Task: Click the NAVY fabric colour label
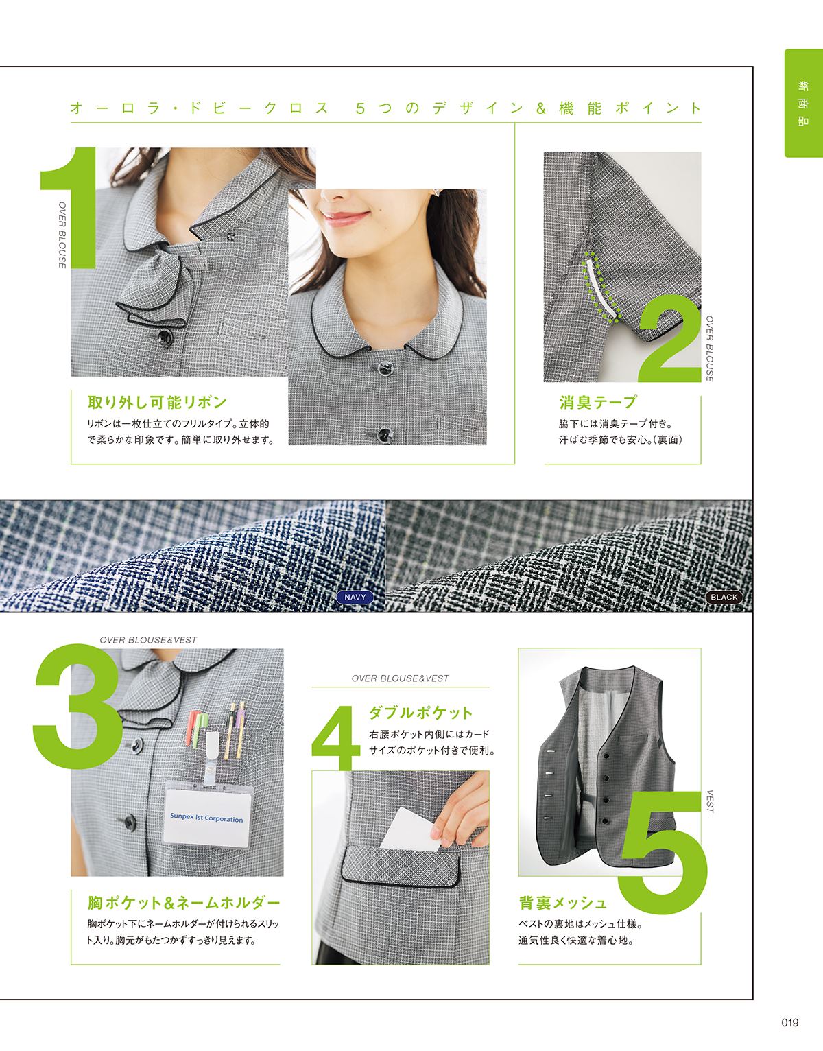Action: coord(355,597)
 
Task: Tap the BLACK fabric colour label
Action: coord(724,597)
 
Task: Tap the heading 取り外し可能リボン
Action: coord(157,402)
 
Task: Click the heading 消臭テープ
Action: coord(598,402)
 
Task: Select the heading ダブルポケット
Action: coord(420,712)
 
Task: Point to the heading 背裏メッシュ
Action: coord(562,903)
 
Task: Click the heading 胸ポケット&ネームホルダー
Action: coord(184,903)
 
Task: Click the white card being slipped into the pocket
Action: coord(411,831)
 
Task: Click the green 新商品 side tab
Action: coord(803,103)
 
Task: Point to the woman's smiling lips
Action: coord(344,217)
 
